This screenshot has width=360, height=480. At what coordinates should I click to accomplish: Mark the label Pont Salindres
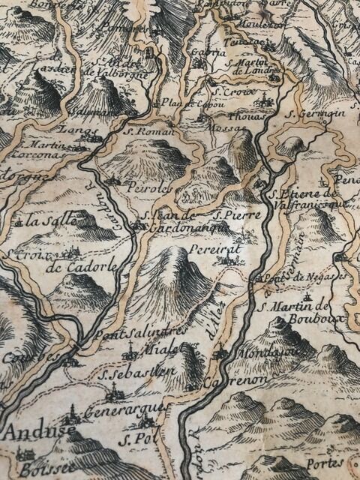tap(134, 333)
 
